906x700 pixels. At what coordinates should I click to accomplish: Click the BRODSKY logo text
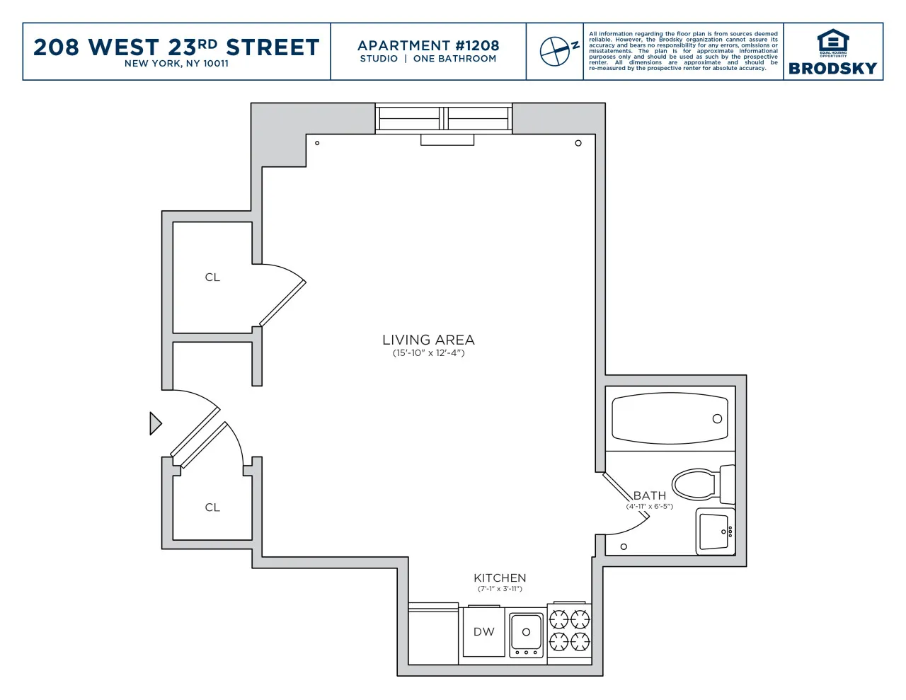(x=832, y=69)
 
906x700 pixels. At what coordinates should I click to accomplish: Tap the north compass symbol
(x=556, y=51)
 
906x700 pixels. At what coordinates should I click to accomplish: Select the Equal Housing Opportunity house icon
(x=832, y=40)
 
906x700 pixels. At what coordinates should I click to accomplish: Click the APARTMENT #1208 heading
(x=428, y=45)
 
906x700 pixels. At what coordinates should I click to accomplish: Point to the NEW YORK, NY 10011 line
(x=176, y=64)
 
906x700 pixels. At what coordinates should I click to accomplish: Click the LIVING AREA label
(x=428, y=340)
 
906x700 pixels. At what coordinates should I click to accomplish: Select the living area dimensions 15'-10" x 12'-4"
(x=428, y=353)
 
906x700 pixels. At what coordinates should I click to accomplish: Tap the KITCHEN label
(x=500, y=578)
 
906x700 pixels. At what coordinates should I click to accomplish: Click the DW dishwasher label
(x=484, y=632)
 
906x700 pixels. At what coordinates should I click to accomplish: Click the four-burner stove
(x=570, y=630)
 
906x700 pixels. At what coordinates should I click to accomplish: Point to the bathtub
(x=669, y=418)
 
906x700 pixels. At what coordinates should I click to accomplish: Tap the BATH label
(x=649, y=496)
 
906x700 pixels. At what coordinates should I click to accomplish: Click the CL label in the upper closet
(x=212, y=277)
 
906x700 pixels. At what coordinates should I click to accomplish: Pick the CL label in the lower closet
(x=212, y=507)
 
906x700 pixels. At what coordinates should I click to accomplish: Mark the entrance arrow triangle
(x=155, y=423)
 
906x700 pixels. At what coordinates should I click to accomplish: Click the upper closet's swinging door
(x=283, y=302)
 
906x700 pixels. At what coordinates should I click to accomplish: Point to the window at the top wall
(x=444, y=118)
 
